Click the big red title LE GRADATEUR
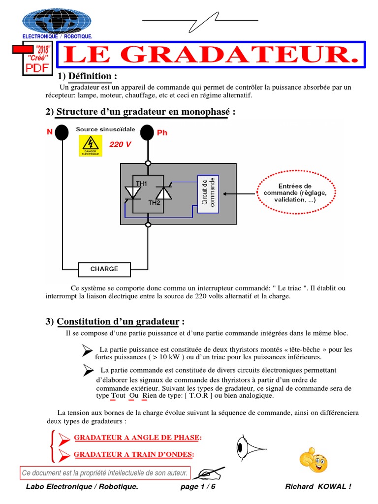[x=212, y=55]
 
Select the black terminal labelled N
[x=62, y=132]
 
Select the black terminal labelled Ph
[x=147, y=132]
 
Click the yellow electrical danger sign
[x=91, y=146]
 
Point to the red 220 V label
[x=120, y=144]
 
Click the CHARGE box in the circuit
[x=104, y=269]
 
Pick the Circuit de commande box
[x=209, y=193]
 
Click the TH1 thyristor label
[x=141, y=184]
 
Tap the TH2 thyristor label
[x=154, y=202]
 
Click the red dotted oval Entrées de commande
[x=295, y=193]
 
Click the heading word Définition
[x=90, y=76]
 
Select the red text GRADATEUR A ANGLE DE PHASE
[x=138, y=438]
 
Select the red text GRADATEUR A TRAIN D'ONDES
[x=133, y=454]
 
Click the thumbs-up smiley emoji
[x=314, y=460]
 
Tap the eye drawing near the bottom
[x=250, y=447]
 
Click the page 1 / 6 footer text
[x=198, y=487]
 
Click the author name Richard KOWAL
[x=318, y=487]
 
